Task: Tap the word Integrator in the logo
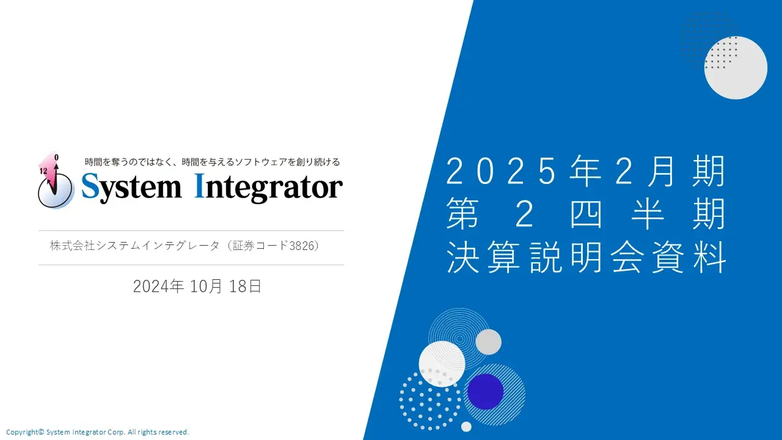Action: [268, 189]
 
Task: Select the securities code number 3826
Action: [302, 246]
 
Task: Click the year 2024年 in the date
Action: [158, 287]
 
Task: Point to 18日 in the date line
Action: [245, 287]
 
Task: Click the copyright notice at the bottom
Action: [97, 432]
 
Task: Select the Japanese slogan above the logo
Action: [212, 162]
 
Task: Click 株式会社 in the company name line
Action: [72, 246]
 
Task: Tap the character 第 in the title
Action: [462, 213]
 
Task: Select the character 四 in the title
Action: [586, 213]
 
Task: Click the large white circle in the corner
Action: [736, 68]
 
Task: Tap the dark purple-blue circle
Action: [485, 392]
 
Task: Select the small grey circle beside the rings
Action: [488, 342]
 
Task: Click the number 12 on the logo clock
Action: [43, 171]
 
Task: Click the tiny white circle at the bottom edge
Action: [466, 427]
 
